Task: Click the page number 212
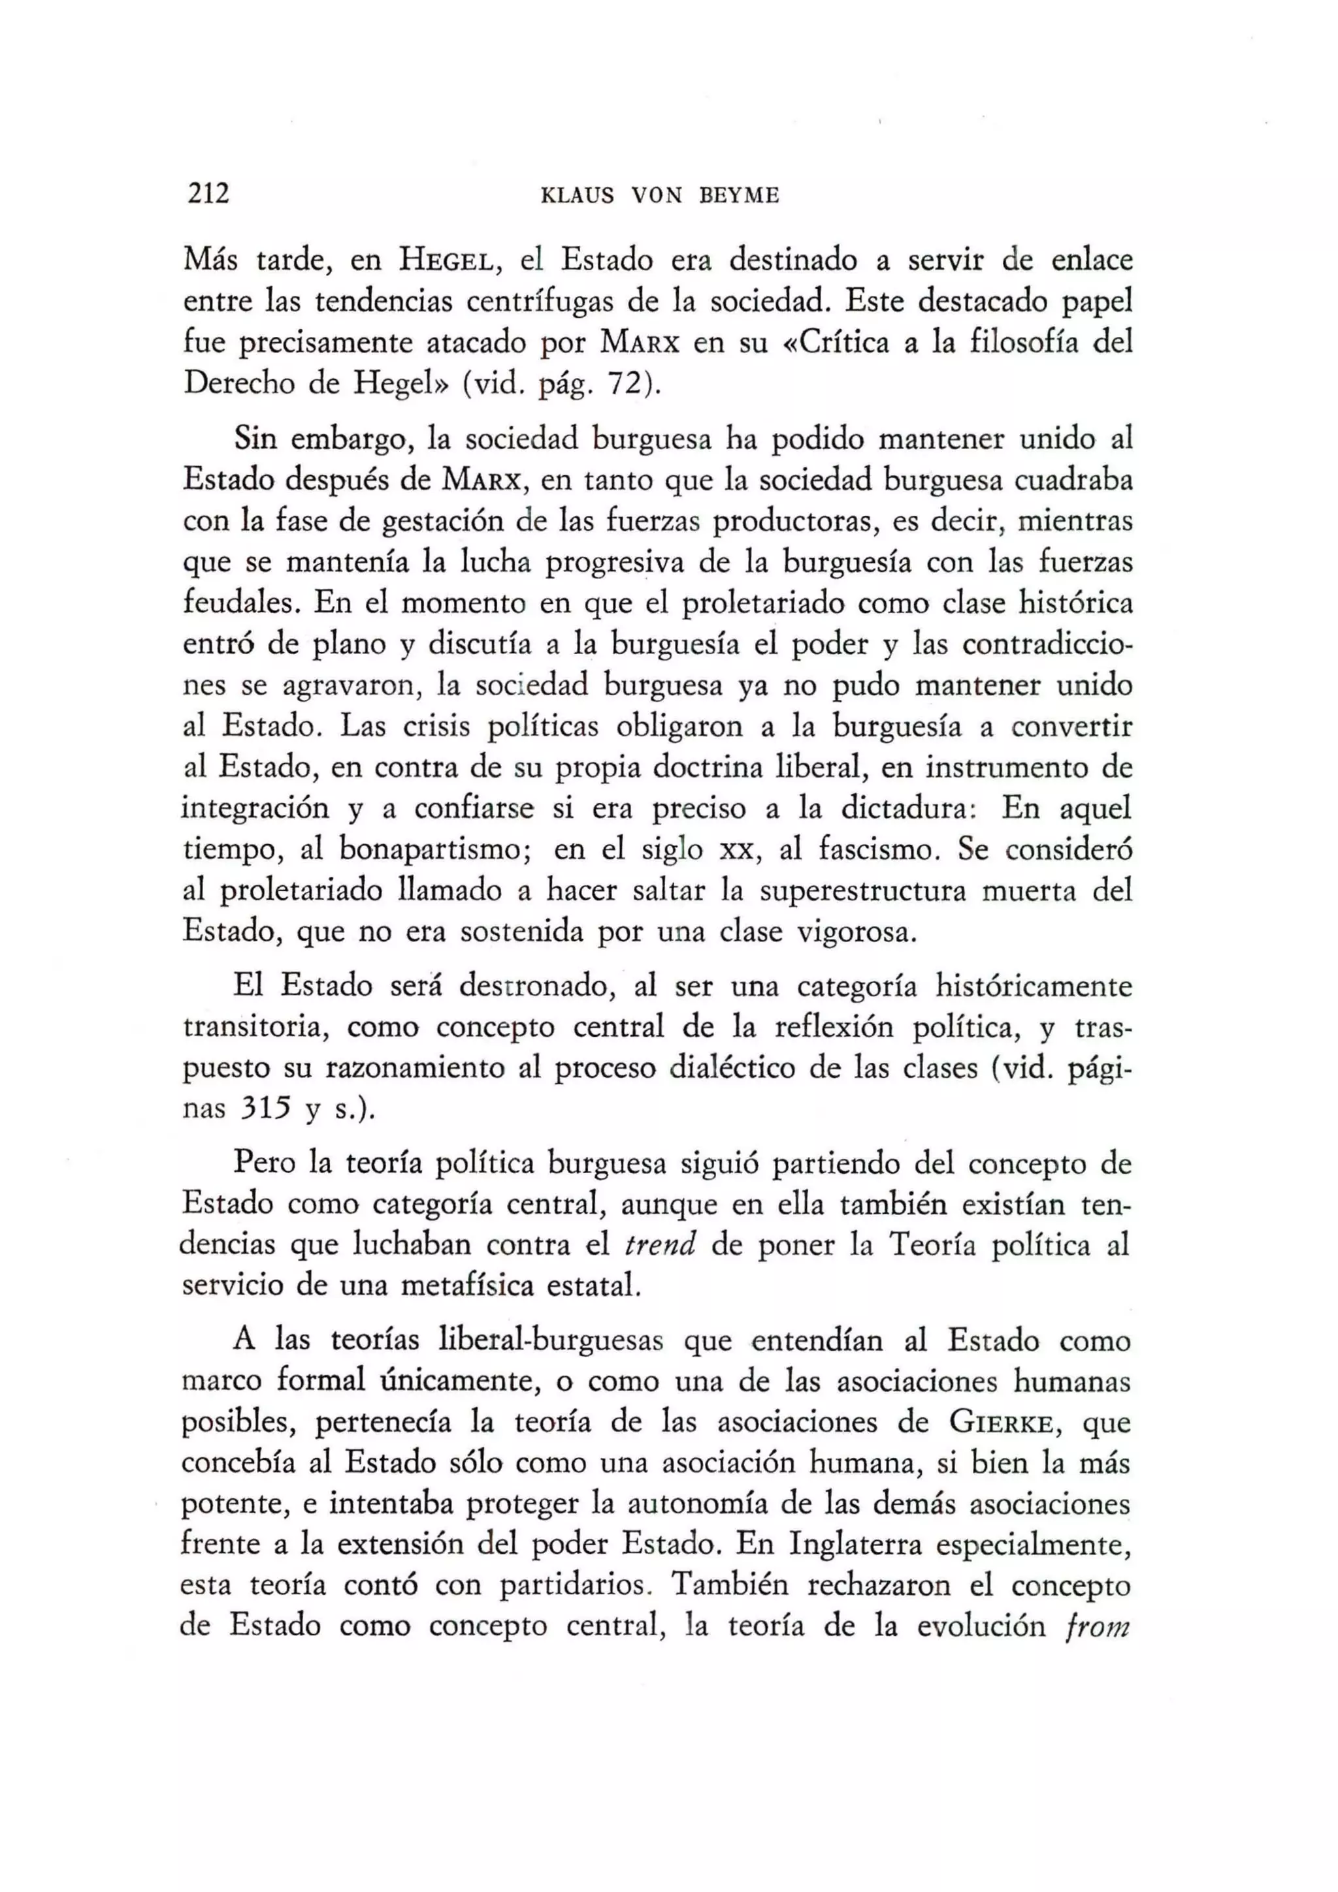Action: (208, 194)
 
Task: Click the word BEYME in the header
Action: (739, 196)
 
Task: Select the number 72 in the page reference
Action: (623, 384)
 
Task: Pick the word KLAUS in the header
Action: (576, 196)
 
